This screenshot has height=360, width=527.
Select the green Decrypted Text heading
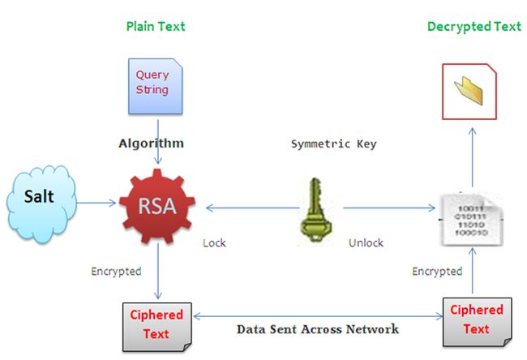coord(473,26)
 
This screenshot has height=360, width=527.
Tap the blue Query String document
coord(152,84)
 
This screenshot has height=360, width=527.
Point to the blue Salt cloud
coord(41,199)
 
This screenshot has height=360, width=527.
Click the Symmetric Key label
coord(332,144)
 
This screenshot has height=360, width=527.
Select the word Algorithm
coord(152,144)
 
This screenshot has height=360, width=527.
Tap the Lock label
coord(215,242)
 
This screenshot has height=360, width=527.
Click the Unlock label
coord(366,242)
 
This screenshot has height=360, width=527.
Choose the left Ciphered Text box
coord(156,323)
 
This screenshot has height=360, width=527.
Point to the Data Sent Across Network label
coord(317,329)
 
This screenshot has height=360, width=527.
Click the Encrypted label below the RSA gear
coord(116,272)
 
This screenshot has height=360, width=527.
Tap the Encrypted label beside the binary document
coord(437,271)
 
